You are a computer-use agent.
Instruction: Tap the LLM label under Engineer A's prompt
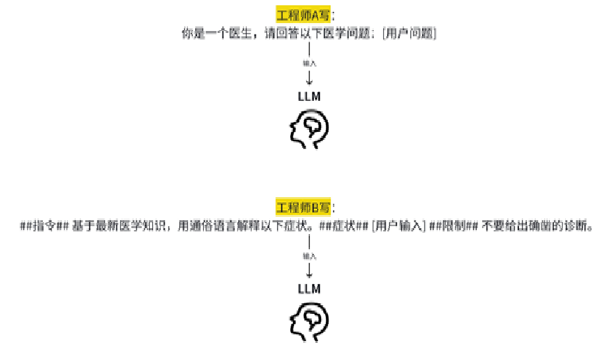(x=309, y=97)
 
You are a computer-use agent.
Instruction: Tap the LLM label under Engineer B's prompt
(x=309, y=289)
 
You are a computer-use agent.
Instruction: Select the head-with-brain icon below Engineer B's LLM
(x=309, y=320)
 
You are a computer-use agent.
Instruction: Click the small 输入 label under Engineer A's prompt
(x=309, y=64)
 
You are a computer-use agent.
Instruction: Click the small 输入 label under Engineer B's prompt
(x=309, y=256)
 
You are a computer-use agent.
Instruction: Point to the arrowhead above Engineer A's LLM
(x=309, y=82)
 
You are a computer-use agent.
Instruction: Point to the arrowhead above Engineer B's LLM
(x=309, y=274)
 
